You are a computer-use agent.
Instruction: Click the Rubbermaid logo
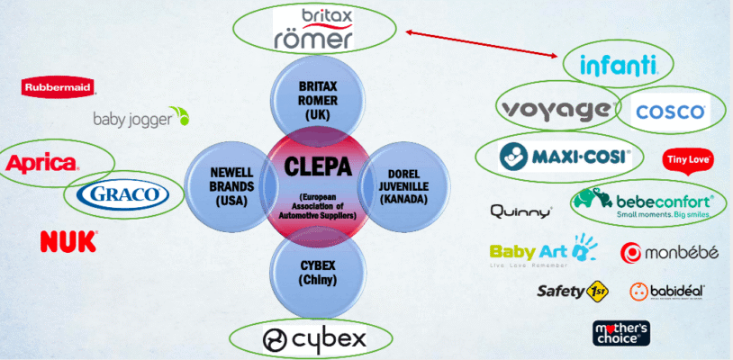coord(59,87)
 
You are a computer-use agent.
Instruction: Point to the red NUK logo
coord(68,240)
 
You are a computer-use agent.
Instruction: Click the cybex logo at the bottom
coord(314,339)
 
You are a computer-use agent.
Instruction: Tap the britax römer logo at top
coord(314,30)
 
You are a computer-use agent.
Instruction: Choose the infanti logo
coord(619,65)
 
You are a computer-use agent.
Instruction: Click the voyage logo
coord(556,110)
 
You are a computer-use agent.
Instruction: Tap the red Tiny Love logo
coord(689,161)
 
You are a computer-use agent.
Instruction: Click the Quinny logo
coord(520,212)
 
